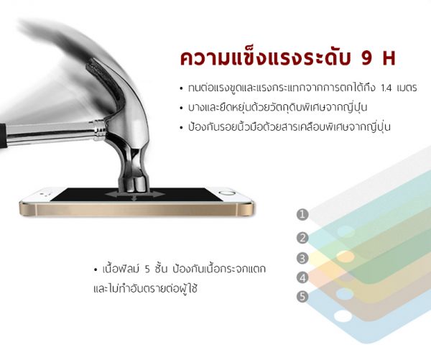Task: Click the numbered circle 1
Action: (x=302, y=214)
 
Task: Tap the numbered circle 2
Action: (x=302, y=238)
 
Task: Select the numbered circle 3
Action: (x=302, y=258)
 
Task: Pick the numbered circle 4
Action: (x=302, y=278)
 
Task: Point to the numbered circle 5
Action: (x=302, y=297)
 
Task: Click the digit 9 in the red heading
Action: (x=367, y=58)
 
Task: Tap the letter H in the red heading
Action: (x=389, y=58)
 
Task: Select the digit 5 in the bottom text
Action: (x=147, y=269)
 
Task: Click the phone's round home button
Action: (x=227, y=193)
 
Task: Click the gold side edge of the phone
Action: (x=136, y=210)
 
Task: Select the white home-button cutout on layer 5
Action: (x=343, y=316)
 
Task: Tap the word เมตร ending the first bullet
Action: (x=407, y=88)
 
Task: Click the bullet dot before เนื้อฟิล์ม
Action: (x=96, y=269)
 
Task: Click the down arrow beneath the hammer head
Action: (x=134, y=198)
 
